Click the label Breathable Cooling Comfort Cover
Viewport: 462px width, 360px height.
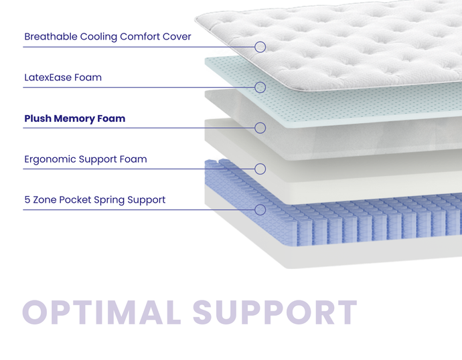[108, 37]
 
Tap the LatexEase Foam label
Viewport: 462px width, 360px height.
[63, 78]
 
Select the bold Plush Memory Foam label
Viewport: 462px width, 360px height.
[74, 119]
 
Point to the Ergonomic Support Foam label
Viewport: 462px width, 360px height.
[85, 159]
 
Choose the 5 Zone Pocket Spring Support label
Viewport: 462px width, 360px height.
[94, 200]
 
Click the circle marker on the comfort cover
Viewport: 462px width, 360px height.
[260, 47]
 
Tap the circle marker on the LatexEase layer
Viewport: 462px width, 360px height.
[260, 87]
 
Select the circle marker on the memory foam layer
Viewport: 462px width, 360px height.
[260, 128]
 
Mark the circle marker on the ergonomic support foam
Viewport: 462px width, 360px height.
[260, 169]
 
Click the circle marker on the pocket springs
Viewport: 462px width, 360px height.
[260, 209]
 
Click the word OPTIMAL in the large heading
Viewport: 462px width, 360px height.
[100, 313]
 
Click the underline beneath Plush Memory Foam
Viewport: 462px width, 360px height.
[134, 128]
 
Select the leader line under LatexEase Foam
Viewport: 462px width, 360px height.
[134, 87]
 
